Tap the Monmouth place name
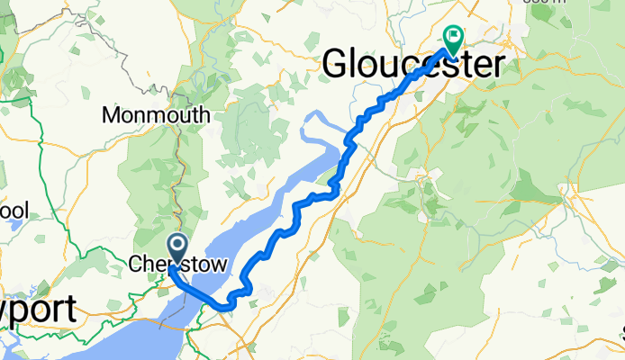156,115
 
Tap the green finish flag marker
452,39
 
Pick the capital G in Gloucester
336,64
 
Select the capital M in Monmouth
113,115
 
